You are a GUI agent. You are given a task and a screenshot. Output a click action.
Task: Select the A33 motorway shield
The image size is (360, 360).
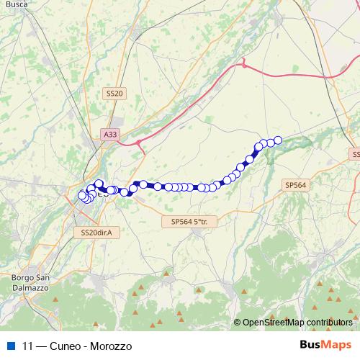click(x=109, y=134)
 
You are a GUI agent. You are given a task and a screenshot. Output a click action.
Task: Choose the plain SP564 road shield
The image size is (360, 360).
click(x=295, y=185)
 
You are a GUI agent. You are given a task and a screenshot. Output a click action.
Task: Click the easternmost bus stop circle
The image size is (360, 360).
click(x=278, y=140)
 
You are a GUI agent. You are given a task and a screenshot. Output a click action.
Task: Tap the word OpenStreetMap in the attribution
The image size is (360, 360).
click(x=274, y=322)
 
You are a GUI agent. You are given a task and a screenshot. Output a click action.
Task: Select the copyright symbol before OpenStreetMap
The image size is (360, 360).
click(x=238, y=322)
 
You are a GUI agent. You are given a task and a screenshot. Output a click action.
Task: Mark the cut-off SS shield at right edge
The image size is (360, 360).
click(x=356, y=154)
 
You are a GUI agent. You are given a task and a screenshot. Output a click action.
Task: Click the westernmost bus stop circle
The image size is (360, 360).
click(x=82, y=195)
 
